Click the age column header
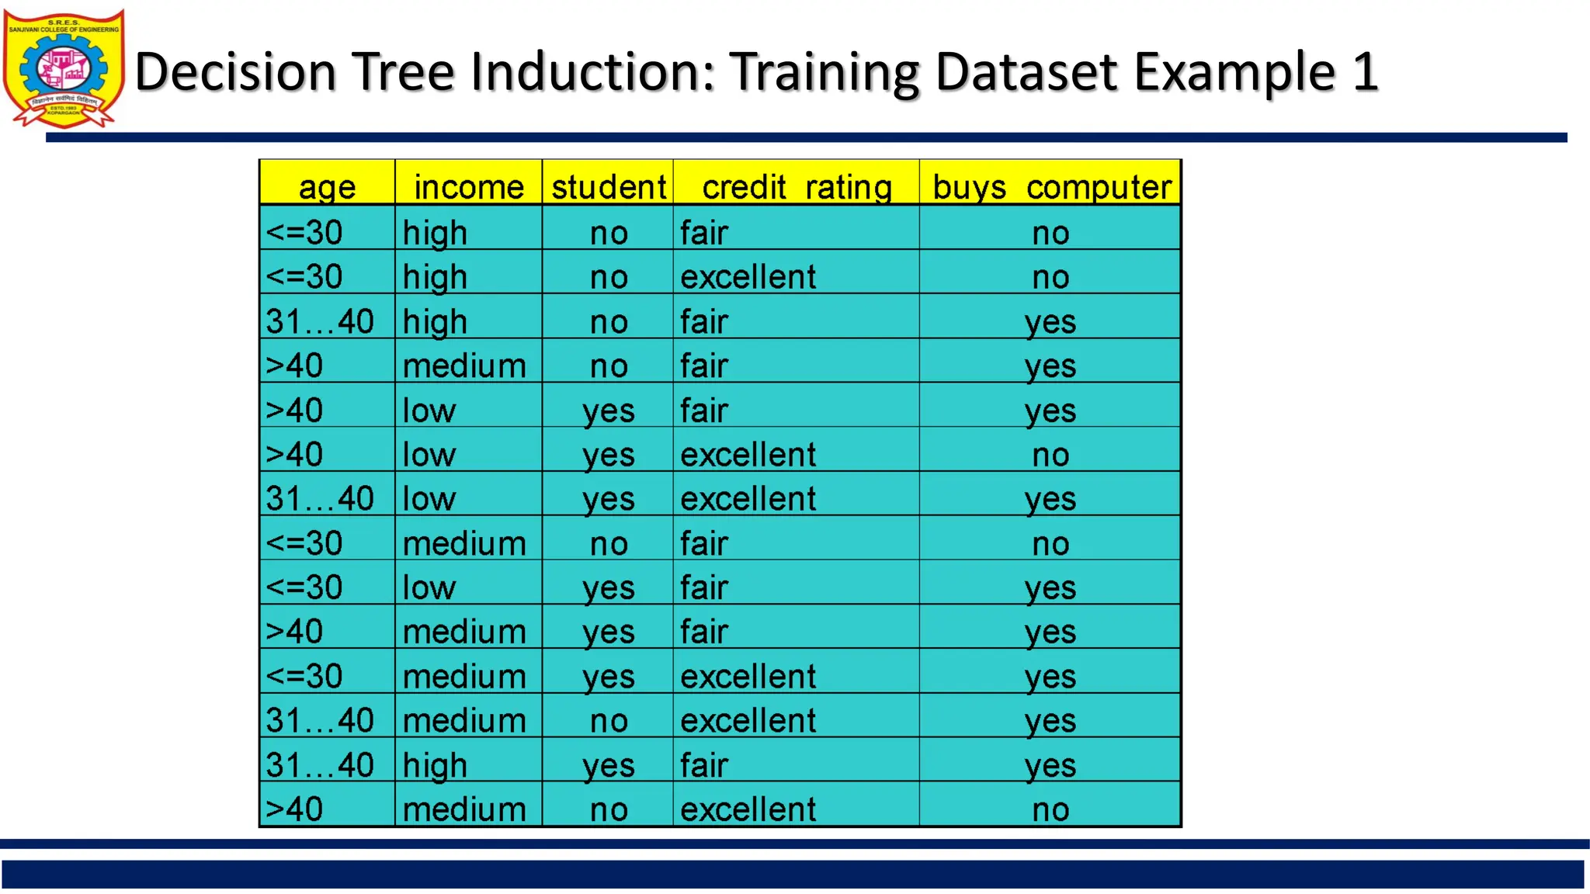pyautogui.click(x=327, y=187)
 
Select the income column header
pyautogui.click(x=469, y=187)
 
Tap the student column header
pyautogui.click(x=609, y=187)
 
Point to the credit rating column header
pyautogui.click(x=797, y=187)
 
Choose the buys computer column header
pyautogui.click(x=1051, y=187)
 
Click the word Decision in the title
pyautogui.click(x=235, y=71)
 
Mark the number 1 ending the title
pyautogui.click(x=1364, y=71)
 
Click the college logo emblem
pyautogui.click(x=64, y=68)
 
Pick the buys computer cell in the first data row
pyautogui.click(x=1050, y=232)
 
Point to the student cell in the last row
pyautogui.click(x=609, y=809)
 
